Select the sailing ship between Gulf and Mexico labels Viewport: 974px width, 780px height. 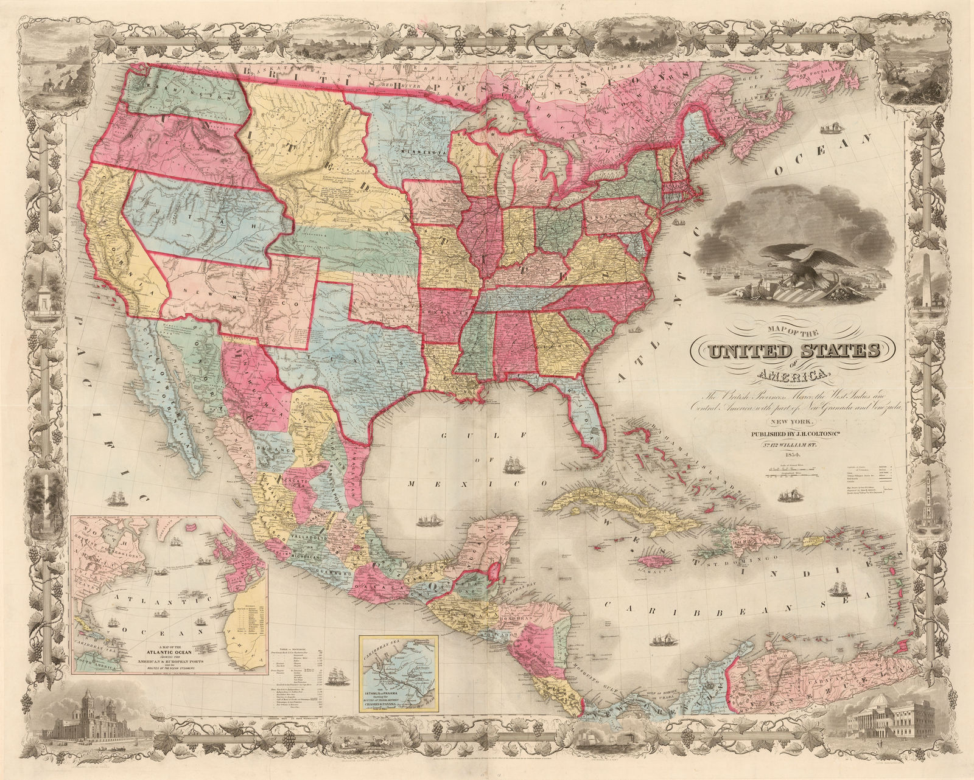(x=514, y=465)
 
